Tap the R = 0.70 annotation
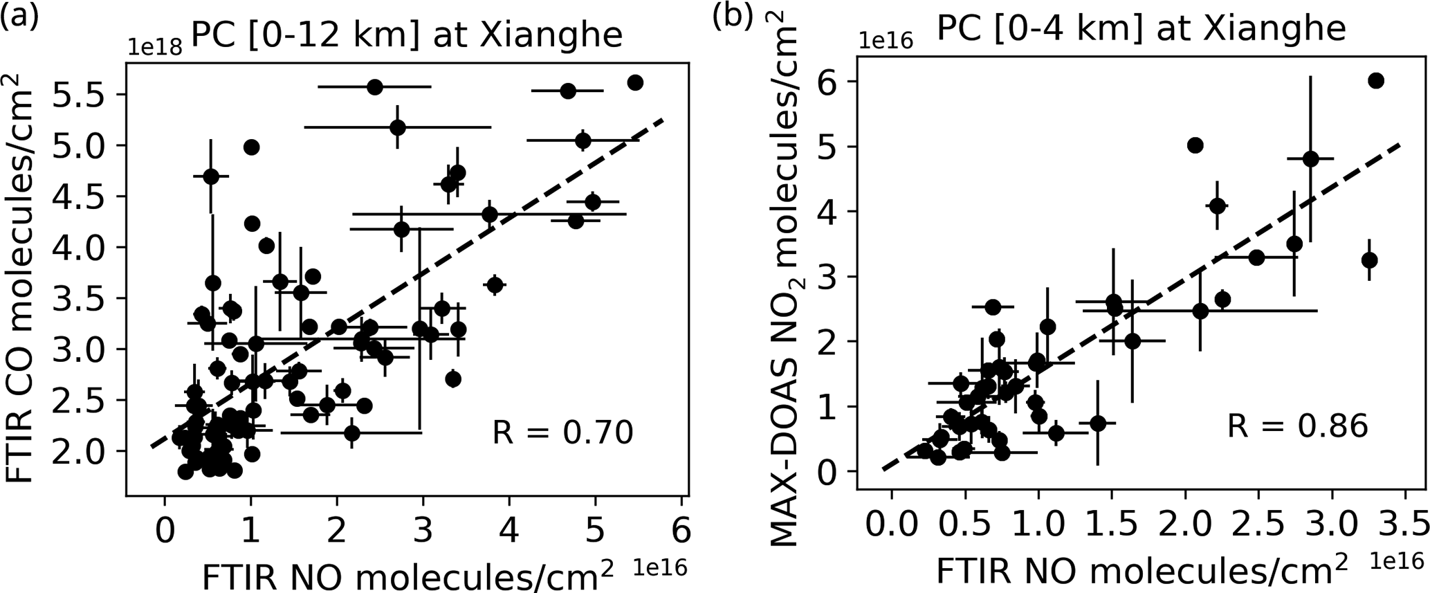pos(562,433)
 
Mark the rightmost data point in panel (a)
pos(635,83)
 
